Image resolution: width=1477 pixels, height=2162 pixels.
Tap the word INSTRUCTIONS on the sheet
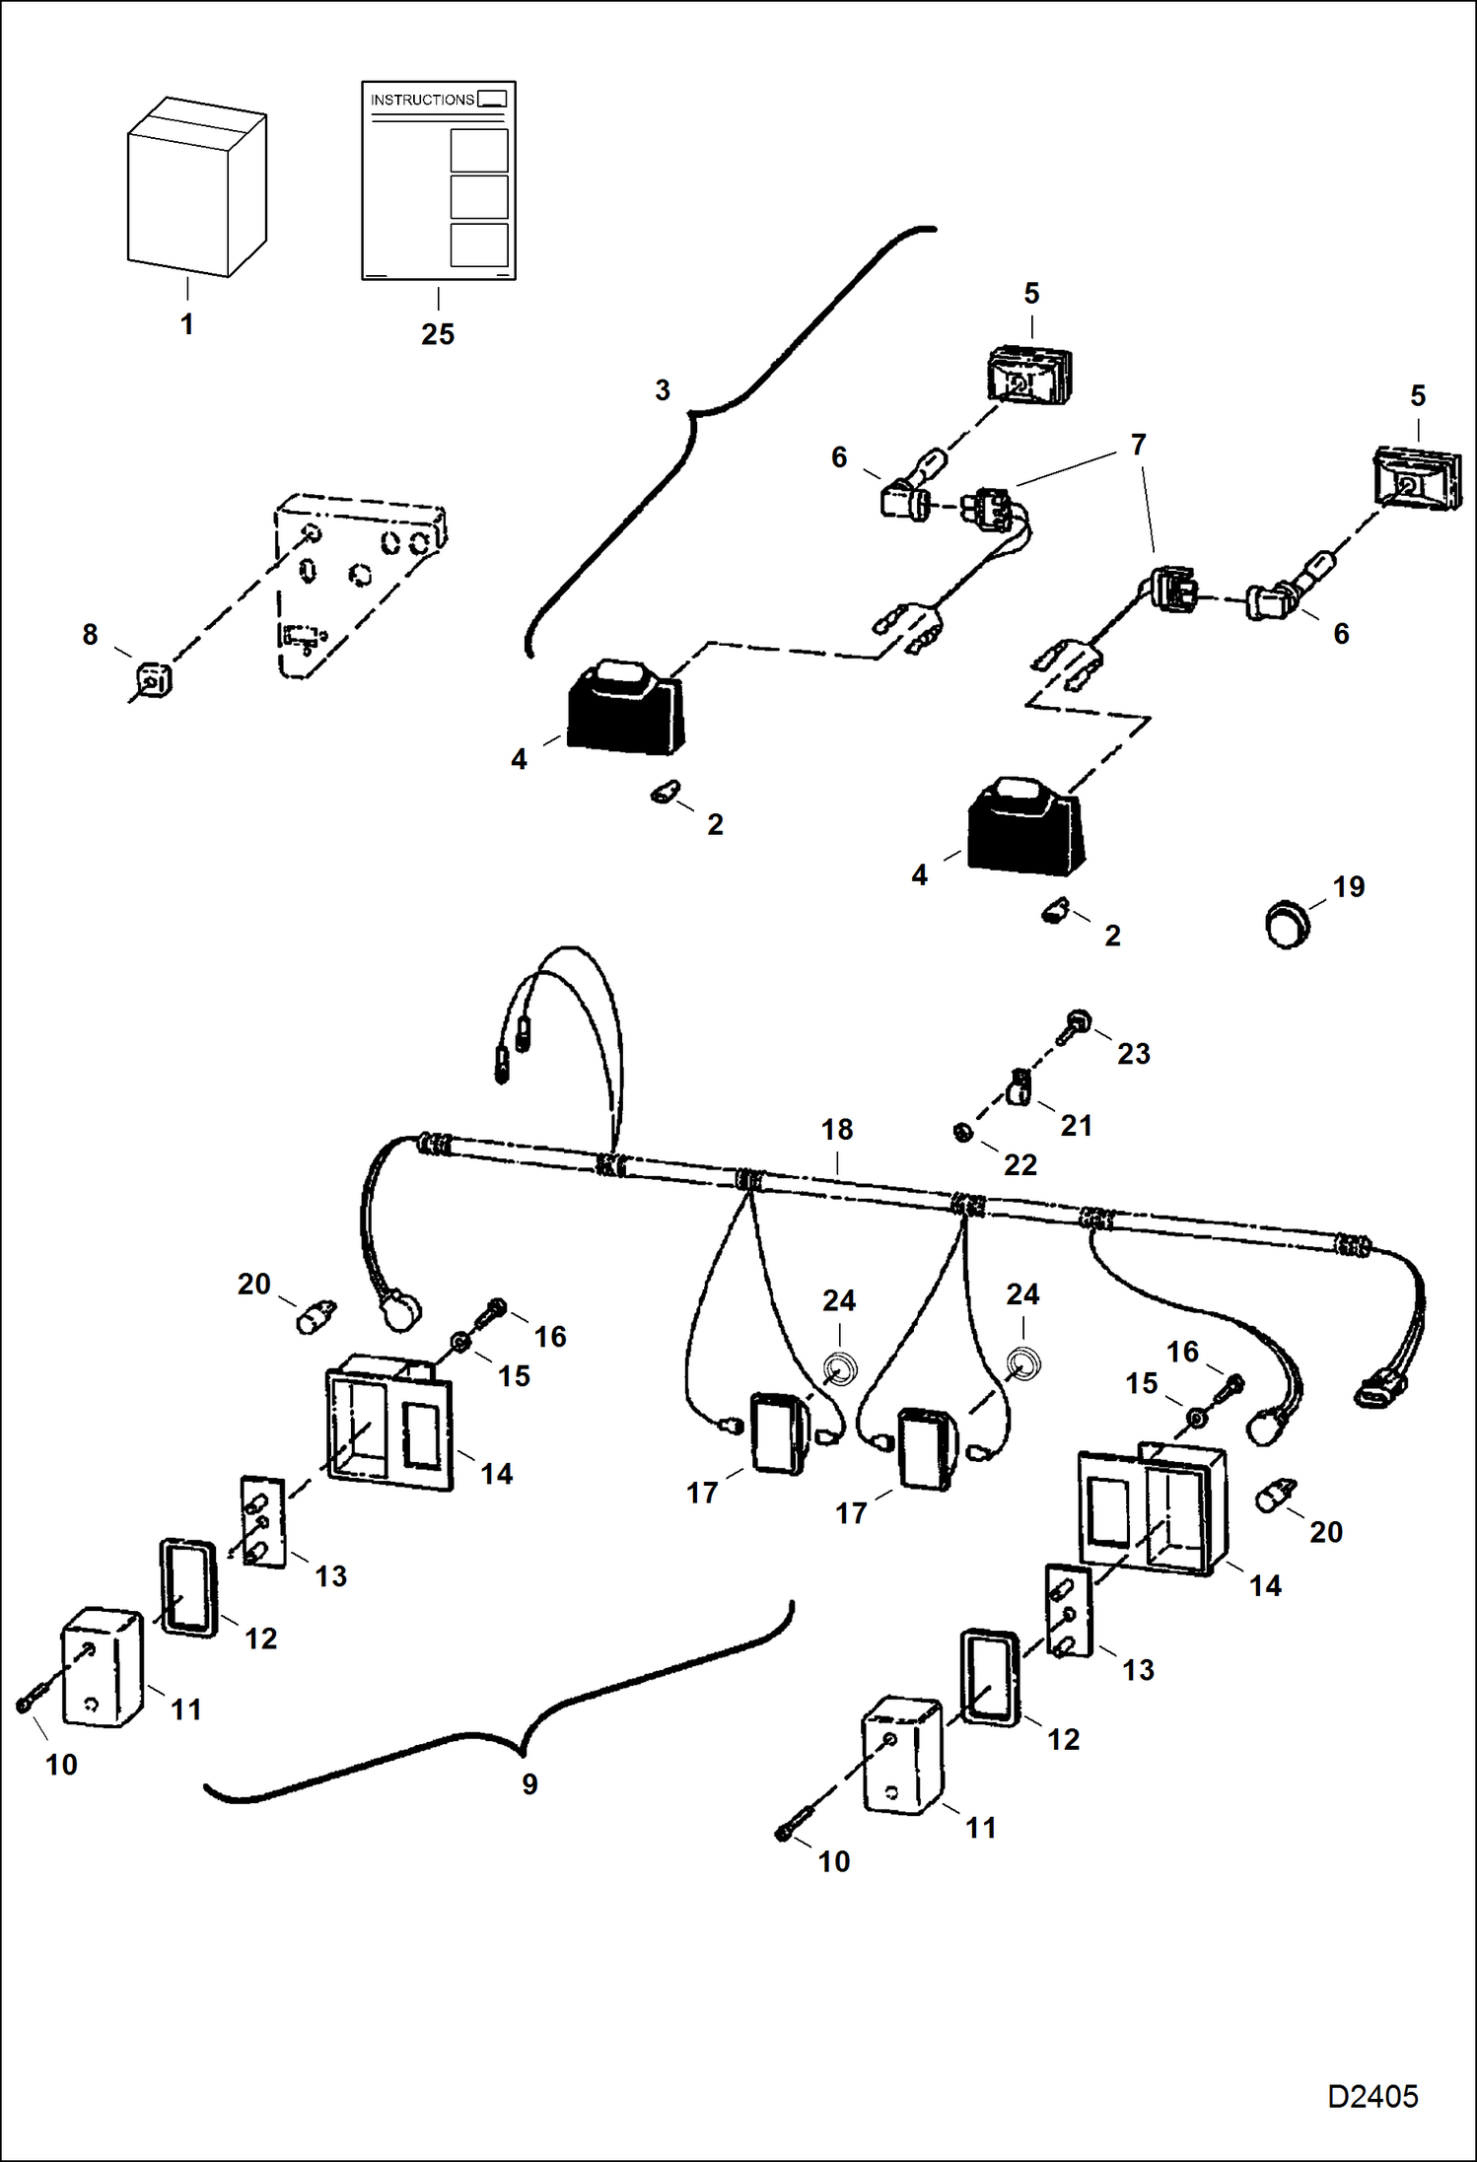coord(422,100)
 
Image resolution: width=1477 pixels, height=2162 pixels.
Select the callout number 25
coord(438,334)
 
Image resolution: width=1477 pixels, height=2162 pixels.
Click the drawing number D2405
coord(1371,2096)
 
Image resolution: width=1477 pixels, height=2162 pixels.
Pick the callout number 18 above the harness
coord(837,1129)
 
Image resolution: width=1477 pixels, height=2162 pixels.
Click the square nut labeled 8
coord(153,680)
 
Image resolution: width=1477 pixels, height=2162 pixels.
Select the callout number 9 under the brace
coord(529,1783)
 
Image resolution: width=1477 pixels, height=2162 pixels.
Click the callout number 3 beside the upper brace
coord(663,390)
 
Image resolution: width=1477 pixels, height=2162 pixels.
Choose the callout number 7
coord(1138,445)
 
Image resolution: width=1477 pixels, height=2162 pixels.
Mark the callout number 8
coord(90,634)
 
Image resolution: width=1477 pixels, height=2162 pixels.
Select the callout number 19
coord(1349,887)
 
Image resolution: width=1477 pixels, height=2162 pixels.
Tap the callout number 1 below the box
coord(186,324)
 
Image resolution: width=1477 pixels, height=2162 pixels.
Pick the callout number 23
coord(1133,1054)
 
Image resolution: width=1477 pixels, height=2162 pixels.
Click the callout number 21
coord(1076,1126)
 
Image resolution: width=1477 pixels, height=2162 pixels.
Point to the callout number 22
coord(1020,1165)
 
